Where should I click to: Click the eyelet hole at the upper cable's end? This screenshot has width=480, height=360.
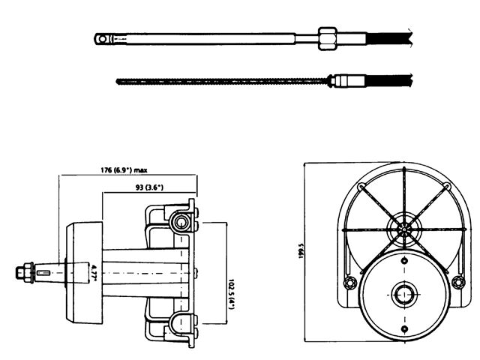pos(101,36)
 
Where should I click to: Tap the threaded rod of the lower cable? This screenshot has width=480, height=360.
pos(225,79)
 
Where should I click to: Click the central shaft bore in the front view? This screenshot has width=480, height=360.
pos(403,292)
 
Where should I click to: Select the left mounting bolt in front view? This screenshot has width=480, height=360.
pos(348,283)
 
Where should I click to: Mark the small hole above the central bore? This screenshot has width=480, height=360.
pos(403,259)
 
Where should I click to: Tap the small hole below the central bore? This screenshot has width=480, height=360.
pos(403,327)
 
